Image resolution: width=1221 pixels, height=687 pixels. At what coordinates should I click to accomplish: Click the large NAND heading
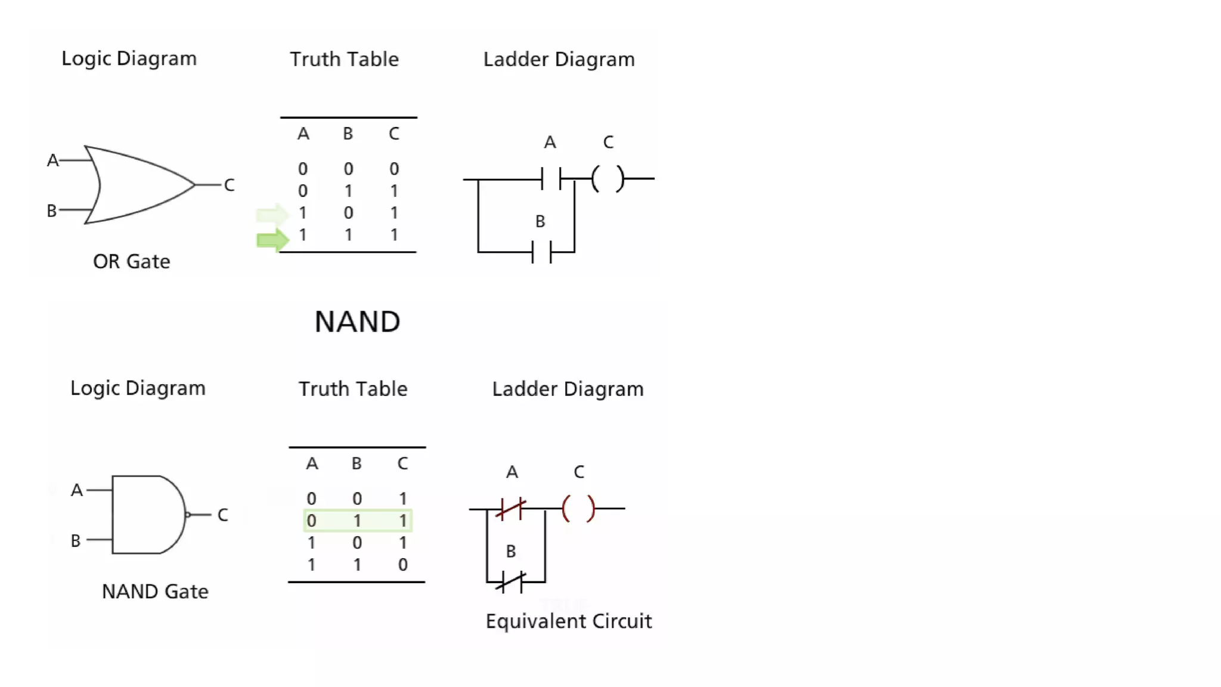tap(357, 322)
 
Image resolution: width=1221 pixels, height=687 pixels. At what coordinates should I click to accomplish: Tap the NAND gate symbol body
tap(146, 515)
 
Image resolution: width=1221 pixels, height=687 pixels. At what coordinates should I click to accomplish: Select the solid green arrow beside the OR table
tap(272, 240)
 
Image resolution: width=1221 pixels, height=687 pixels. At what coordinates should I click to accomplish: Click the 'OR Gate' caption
tap(131, 261)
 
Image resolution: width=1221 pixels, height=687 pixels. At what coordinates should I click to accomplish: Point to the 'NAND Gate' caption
tap(155, 592)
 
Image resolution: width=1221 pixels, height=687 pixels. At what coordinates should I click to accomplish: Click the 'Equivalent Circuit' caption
tap(568, 621)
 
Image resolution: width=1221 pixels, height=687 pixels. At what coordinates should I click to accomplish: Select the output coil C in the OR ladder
tap(608, 178)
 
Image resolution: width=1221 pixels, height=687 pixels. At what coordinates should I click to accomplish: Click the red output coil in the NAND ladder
tap(578, 509)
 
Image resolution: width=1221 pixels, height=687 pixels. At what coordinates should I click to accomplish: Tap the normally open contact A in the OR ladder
tap(551, 178)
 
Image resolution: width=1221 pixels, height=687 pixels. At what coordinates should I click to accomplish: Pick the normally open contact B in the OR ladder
tap(541, 252)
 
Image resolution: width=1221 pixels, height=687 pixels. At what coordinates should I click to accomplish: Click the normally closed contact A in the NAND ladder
tap(511, 509)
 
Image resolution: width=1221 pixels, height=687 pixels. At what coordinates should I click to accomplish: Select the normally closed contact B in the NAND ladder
tap(511, 581)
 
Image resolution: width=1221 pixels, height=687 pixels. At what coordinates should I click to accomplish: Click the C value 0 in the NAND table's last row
tap(402, 565)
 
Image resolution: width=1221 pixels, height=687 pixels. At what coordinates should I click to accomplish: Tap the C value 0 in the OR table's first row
tap(393, 169)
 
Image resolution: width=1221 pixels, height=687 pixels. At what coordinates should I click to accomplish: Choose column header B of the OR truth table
tap(348, 134)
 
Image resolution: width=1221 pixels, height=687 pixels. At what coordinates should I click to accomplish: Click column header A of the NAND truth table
tap(312, 463)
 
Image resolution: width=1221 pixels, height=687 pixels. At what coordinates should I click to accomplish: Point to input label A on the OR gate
tap(52, 160)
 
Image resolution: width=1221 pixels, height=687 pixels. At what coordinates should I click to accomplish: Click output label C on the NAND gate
tap(222, 515)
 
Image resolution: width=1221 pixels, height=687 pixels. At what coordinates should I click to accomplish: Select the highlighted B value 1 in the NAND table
tap(357, 521)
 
